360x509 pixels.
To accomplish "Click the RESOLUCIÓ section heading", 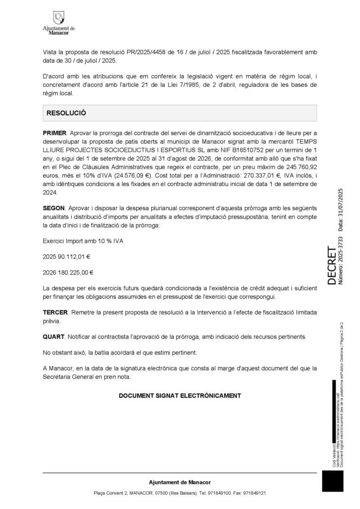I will click(x=66, y=113).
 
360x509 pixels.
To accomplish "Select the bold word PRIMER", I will click(x=55, y=133).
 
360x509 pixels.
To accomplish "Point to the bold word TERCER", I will click(x=55, y=312).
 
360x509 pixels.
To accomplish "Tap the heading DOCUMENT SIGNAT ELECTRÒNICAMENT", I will click(x=180, y=396).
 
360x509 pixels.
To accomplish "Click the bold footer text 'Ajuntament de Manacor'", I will click(x=180, y=482).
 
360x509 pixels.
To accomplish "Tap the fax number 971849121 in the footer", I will click(x=254, y=493).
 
